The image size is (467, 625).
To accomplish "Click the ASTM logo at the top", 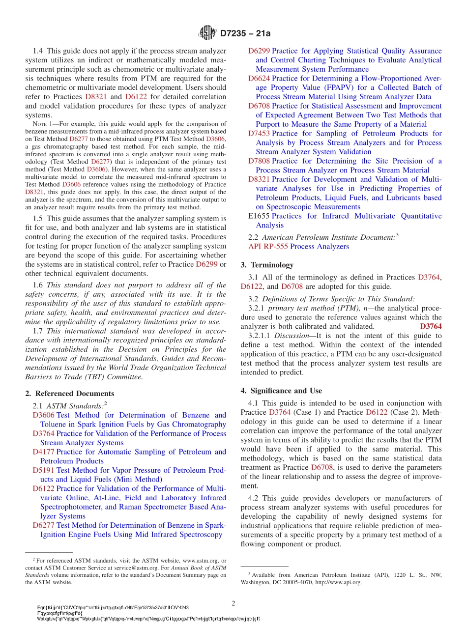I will [x=207, y=33].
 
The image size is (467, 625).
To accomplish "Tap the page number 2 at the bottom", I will [x=233, y=603].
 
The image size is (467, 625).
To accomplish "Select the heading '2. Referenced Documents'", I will [x=69, y=394].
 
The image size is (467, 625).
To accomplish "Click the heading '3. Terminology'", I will [x=267, y=265].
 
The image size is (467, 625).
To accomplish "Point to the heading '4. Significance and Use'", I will [x=281, y=391].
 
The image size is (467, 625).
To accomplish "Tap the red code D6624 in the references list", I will [x=259, y=79].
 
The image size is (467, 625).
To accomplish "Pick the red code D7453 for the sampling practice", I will [x=259, y=134].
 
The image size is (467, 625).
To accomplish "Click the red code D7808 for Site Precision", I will [x=259, y=161].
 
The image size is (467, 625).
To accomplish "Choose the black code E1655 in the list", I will [x=259, y=216].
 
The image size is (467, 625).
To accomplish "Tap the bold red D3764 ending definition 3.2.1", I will [x=431, y=327].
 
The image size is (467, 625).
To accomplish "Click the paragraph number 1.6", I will [x=38, y=285].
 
